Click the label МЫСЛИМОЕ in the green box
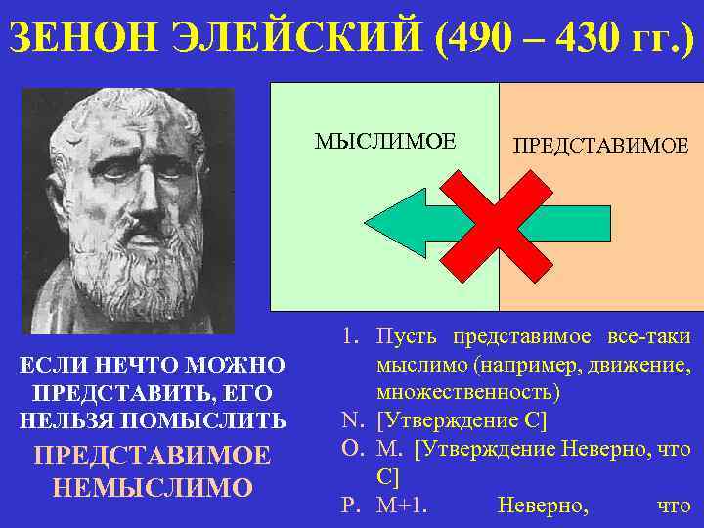[x=384, y=141]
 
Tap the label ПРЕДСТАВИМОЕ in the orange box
[x=600, y=146]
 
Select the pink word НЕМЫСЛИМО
[x=154, y=487]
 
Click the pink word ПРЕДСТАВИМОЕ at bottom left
[x=154, y=457]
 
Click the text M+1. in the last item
[x=402, y=506]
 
